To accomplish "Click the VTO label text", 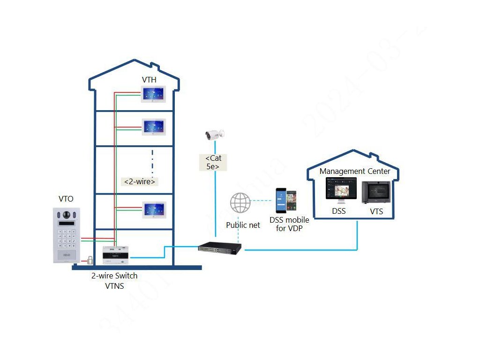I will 66,199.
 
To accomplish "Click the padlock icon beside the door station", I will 89,260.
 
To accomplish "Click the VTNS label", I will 114,286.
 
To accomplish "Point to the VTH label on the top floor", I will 149,80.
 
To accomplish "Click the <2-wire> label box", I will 140,181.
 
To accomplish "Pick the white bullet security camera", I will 215,135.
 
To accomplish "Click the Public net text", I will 243,225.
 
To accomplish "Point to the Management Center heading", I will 355,171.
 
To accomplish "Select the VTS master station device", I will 376,192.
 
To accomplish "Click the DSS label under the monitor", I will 339,211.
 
